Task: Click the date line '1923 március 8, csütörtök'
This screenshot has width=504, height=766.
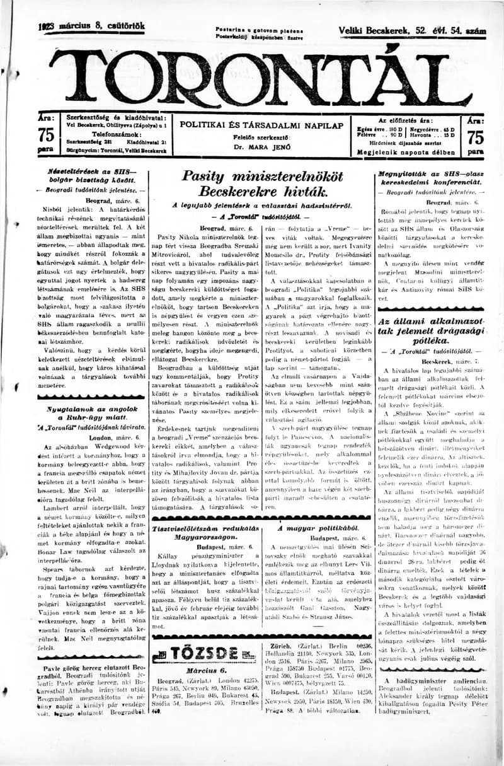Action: click(92, 26)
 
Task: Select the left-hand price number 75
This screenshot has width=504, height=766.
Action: click(46, 136)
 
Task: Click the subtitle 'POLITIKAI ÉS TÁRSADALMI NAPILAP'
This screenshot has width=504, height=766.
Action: click(261, 125)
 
